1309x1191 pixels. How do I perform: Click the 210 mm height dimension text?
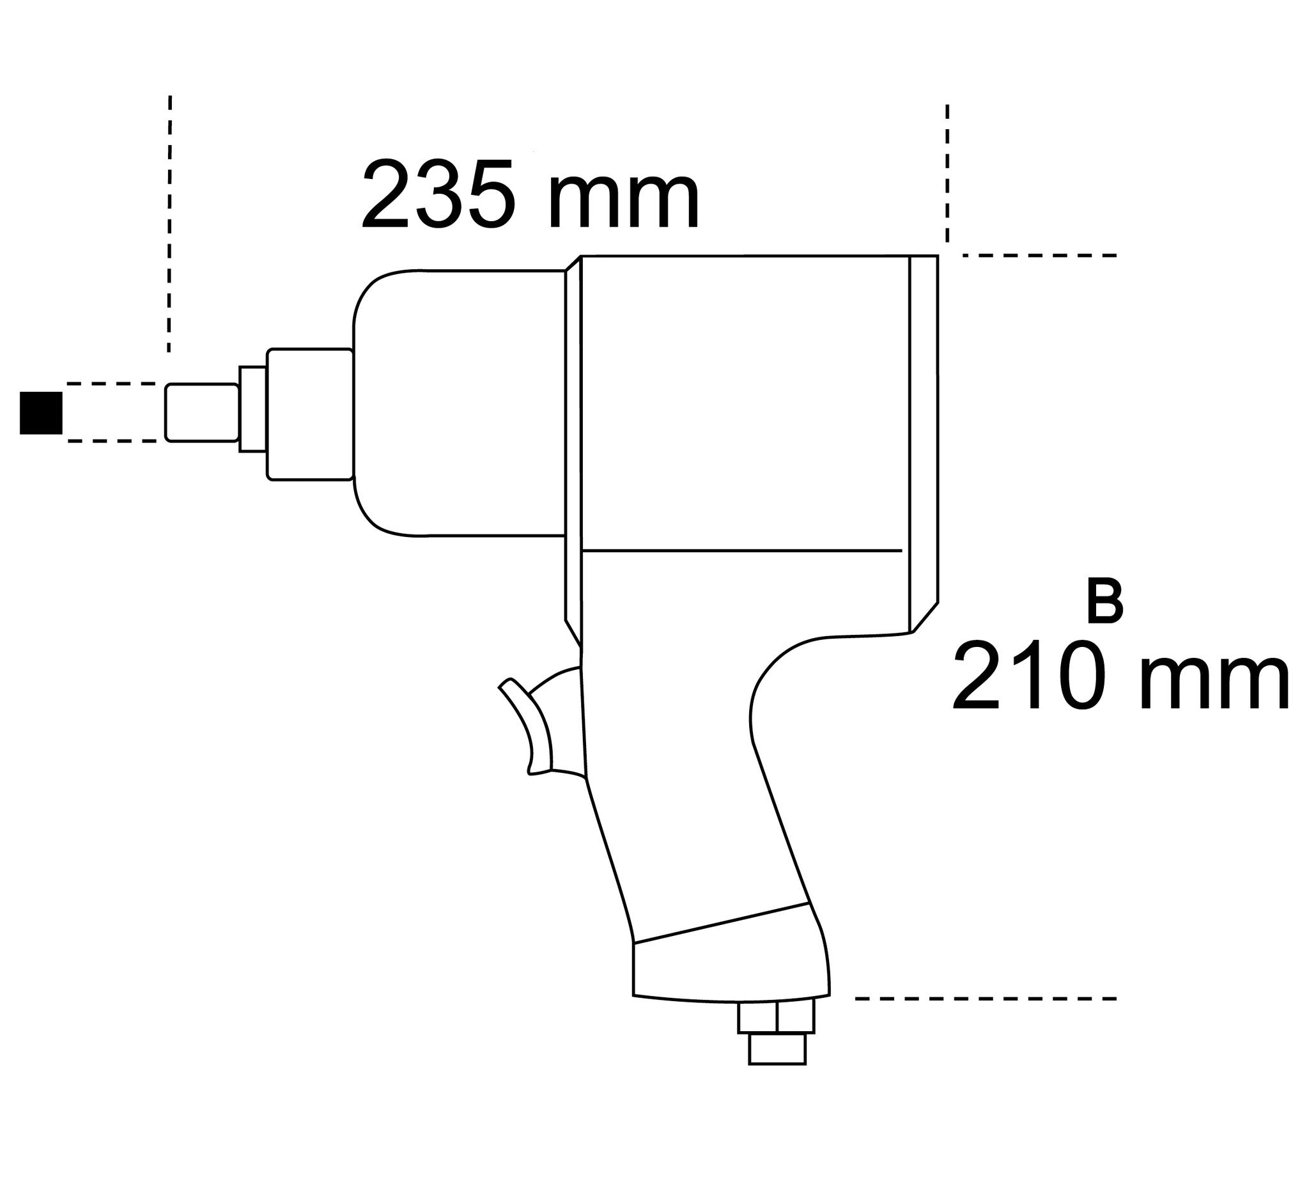[x=1119, y=676]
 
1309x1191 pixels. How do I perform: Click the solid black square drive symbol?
[x=41, y=412]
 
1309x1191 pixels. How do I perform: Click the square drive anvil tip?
[x=201, y=413]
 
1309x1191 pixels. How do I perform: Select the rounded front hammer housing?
[x=458, y=403]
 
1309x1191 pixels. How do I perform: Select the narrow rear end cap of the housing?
[x=924, y=442]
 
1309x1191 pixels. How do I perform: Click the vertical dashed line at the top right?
[x=947, y=172]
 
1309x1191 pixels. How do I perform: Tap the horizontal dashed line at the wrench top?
[x=1039, y=255]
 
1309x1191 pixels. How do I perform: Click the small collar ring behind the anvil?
[x=252, y=409]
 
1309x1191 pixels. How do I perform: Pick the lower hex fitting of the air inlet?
[x=777, y=1048]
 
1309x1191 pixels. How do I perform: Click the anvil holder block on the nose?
[x=310, y=414]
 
